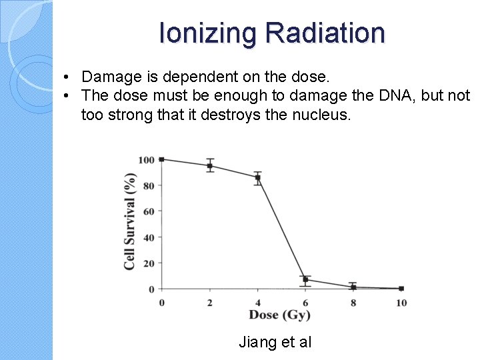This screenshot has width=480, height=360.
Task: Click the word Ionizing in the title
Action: coord(208,33)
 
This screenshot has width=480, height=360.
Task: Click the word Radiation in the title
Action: coord(325,33)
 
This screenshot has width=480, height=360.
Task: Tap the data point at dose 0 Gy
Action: coord(162,159)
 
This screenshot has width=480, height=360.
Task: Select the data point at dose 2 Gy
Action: coord(210,166)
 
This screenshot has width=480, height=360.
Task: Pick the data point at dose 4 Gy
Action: coord(257,177)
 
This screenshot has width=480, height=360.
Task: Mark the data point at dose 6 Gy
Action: coord(305,279)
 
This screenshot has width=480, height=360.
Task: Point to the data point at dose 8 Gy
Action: coord(353,287)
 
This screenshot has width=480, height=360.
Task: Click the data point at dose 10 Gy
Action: coord(401,289)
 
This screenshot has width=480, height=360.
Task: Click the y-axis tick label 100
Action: coord(146,160)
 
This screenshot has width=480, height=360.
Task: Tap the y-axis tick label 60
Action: coord(149,211)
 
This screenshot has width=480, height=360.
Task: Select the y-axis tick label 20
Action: coord(149,263)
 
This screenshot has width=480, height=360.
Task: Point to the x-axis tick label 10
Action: coord(401,303)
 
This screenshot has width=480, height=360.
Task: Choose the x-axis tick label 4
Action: coord(257,303)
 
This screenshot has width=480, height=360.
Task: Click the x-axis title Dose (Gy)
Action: coord(280,315)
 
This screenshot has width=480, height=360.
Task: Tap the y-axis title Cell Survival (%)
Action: coord(130,221)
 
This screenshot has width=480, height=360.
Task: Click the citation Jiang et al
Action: coord(275,343)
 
